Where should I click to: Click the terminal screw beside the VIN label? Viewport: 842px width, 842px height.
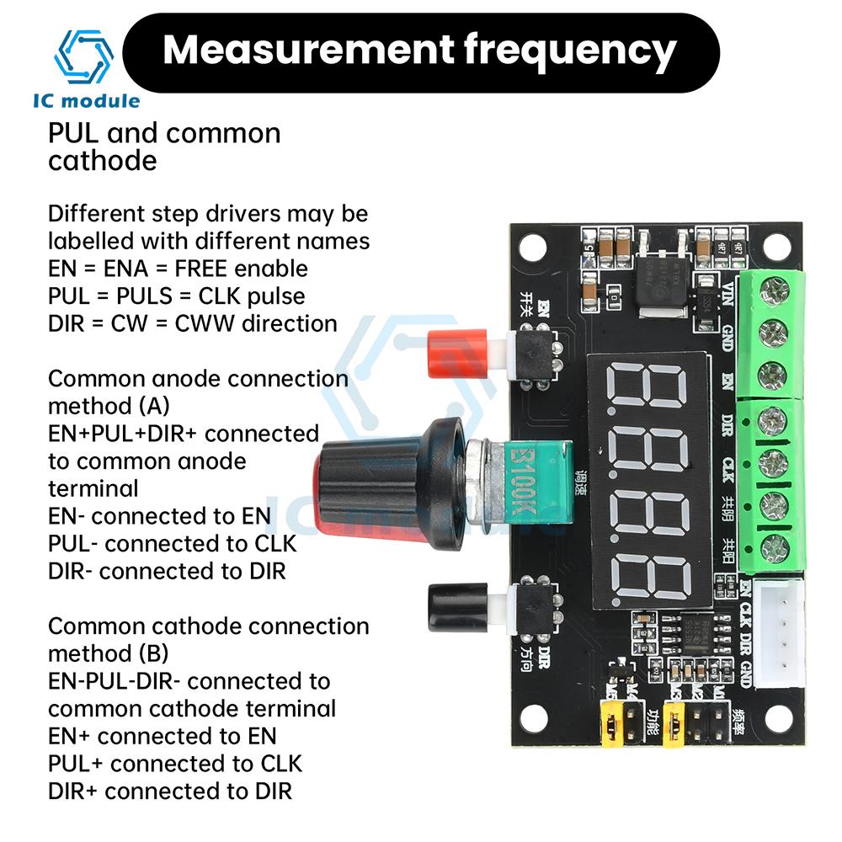[772, 294]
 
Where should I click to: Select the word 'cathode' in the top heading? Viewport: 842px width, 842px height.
[103, 160]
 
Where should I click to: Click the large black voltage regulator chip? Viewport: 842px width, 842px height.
[665, 279]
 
